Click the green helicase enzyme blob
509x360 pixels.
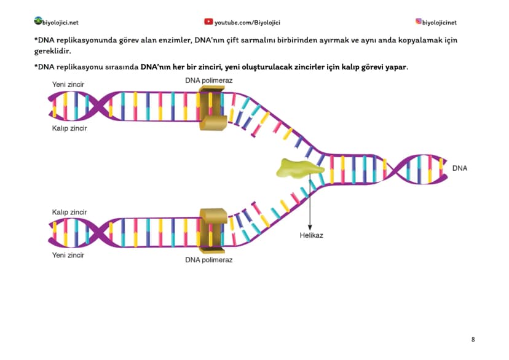(299, 168)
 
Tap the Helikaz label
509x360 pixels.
(311, 235)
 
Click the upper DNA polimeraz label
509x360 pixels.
(209, 80)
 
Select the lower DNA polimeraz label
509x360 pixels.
(209, 260)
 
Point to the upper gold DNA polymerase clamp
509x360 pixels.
(212, 108)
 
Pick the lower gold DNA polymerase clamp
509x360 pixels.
(213, 230)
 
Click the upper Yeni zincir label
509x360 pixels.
(68, 84)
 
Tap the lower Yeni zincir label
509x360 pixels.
(68, 255)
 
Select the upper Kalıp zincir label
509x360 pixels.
(69, 128)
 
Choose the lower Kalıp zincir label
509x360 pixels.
(69, 213)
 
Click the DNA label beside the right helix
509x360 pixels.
(460, 168)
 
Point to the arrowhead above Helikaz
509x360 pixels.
(310, 228)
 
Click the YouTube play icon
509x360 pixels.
(208, 22)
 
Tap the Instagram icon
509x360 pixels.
(419, 22)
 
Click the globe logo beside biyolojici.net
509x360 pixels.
(38, 21)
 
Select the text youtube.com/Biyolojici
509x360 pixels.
(247, 23)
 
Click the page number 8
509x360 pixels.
(473, 340)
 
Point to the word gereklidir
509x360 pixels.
(52, 51)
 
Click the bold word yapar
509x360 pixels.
(396, 67)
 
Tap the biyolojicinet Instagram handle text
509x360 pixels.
(439, 23)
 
